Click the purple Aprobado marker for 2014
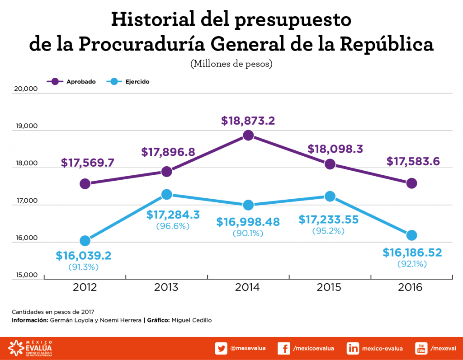click(248, 135)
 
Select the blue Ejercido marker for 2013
click(167, 194)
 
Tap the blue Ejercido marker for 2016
click(411, 235)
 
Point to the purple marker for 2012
click(85, 184)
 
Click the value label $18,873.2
click(248, 121)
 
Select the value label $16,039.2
click(84, 256)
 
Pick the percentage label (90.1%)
click(248, 234)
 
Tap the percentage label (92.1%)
click(412, 264)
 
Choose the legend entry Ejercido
click(137, 82)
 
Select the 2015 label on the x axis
click(329, 287)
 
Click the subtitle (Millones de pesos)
click(231, 64)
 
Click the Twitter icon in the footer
click(221, 348)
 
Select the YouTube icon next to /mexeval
click(421, 348)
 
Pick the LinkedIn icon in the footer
click(353, 348)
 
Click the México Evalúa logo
click(31, 348)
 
